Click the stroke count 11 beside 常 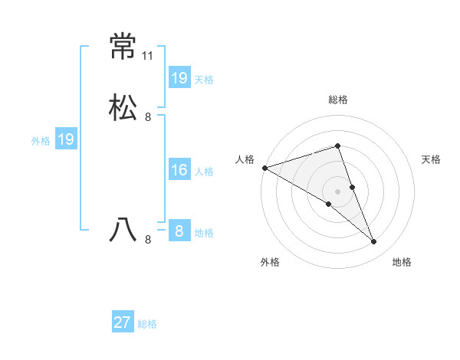tap(148, 57)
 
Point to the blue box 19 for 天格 tap(179, 77)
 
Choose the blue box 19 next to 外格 tap(66, 139)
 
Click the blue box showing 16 tap(179, 170)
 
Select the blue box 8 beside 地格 tap(179, 231)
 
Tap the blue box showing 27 tap(123, 322)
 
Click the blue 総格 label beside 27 tap(147, 324)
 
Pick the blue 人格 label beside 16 tap(205, 172)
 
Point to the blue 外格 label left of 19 tap(41, 141)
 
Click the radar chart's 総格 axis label tap(338, 100)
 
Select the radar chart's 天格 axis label tap(432, 159)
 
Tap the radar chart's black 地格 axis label tap(402, 262)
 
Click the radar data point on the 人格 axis tap(264, 167)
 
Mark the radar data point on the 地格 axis tap(373, 241)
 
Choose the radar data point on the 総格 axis tap(338, 146)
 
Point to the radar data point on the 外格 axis tap(329, 204)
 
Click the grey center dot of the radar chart tap(338, 191)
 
